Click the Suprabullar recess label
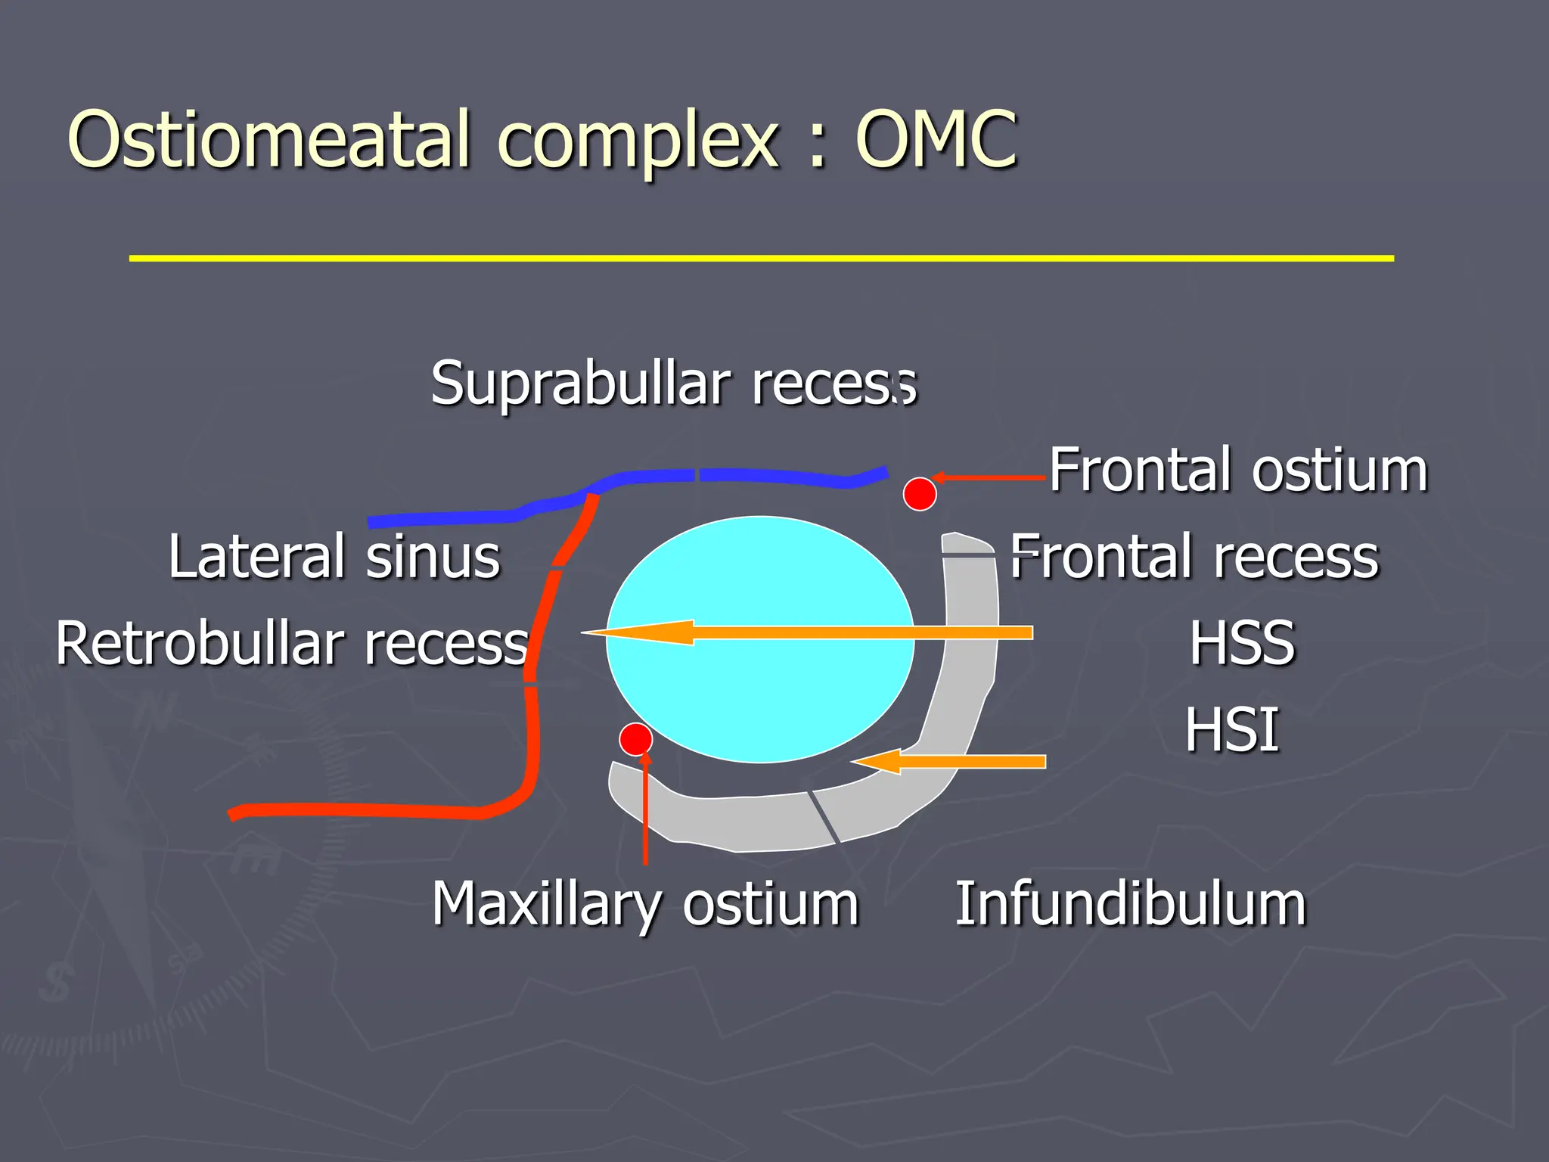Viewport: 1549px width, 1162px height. pos(673,384)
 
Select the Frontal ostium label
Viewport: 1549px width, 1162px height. pos(1238,471)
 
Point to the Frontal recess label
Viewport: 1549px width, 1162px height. pos(1195,557)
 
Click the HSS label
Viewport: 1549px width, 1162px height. pos(1242,644)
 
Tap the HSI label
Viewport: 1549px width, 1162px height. pos(1232,730)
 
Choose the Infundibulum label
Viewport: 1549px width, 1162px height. pos(1131,903)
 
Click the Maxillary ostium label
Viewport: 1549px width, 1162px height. pos(645,903)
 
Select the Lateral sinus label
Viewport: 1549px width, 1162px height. pos(334,557)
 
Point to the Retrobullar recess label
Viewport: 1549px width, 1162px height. pos(292,644)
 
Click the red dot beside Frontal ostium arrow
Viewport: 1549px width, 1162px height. pos(920,494)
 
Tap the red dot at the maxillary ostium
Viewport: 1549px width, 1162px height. pos(635,738)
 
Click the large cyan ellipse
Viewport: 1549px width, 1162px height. pos(760,696)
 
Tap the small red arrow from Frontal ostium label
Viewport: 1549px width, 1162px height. pos(991,477)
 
